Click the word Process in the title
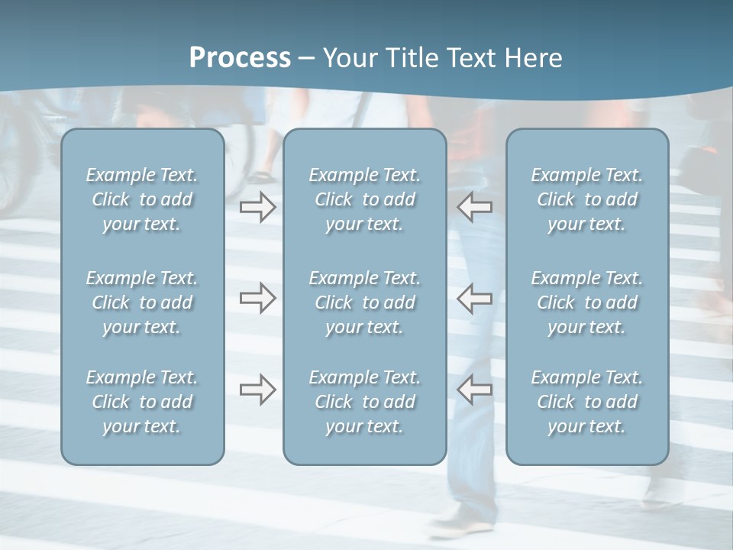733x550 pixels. (240, 58)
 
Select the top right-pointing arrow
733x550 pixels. (257, 206)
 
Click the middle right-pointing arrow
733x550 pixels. (257, 298)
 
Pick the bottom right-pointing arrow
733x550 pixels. (257, 390)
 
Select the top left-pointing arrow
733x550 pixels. (475, 206)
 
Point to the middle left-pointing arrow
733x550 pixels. (475, 298)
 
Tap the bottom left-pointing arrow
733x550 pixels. (475, 390)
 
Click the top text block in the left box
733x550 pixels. (142, 199)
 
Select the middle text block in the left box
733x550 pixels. (142, 302)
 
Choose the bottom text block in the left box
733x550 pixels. (142, 402)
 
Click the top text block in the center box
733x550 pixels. (364, 199)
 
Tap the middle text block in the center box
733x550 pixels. (364, 302)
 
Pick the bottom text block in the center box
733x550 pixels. (364, 402)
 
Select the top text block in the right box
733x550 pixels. (586, 199)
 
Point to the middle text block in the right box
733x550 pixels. (586, 302)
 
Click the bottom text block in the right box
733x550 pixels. (586, 402)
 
